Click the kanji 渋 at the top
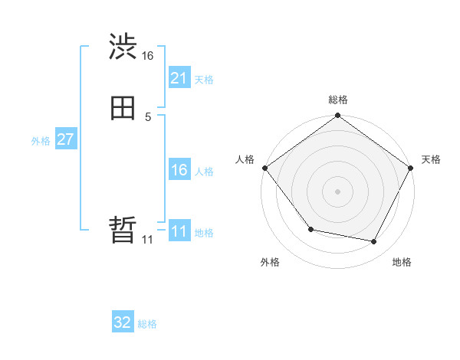(123, 47)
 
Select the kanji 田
(123, 108)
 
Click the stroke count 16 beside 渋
(148, 56)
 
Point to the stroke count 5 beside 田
(148, 116)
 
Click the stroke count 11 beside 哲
(148, 239)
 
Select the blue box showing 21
(179, 78)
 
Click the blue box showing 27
(65, 139)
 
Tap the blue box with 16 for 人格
(179, 170)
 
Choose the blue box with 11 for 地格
(179, 231)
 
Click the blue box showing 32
(123, 322)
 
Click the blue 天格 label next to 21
(204, 79)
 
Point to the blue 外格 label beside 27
(41, 140)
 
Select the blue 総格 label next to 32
(147, 324)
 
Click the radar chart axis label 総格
(337, 100)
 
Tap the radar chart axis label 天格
(431, 159)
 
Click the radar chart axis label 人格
(245, 159)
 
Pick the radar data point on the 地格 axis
(374, 242)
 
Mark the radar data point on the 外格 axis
(310, 229)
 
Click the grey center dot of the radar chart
(337, 191)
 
